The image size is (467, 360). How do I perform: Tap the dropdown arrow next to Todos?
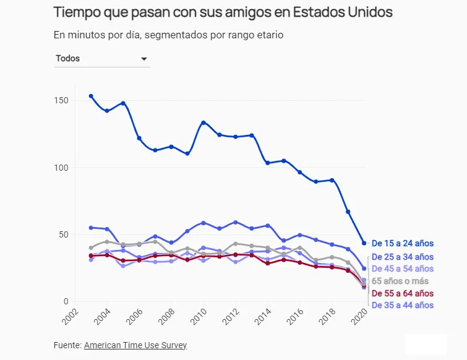point(144,59)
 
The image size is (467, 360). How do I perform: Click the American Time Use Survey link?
point(135,345)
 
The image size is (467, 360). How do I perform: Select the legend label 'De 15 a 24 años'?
point(402,244)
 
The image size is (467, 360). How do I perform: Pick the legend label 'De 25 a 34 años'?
point(402,257)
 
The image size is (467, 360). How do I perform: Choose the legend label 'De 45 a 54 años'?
point(402,269)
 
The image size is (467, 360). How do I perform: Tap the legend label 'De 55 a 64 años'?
point(402,294)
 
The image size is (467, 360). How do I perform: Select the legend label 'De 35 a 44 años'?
point(402,306)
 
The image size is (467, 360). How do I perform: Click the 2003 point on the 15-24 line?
point(91,96)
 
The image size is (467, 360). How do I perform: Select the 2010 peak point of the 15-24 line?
point(204,122)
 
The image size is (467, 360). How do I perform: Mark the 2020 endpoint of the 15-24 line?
point(364,243)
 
